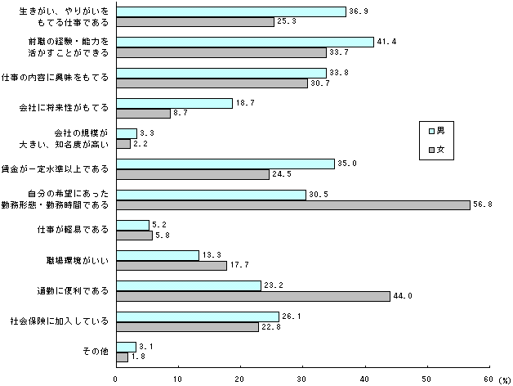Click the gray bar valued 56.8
point(292,204)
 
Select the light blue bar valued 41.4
point(244,41)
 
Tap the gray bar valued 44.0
point(252,296)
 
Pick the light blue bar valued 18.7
point(174,102)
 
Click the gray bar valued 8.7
point(143,113)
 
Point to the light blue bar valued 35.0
point(225,164)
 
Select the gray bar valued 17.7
point(171,265)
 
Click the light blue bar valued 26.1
point(197,316)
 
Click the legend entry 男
point(436,131)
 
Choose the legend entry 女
point(436,150)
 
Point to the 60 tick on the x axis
point(488,379)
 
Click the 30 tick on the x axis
point(301,379)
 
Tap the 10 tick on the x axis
point(178,379)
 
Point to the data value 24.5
point(281,174)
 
